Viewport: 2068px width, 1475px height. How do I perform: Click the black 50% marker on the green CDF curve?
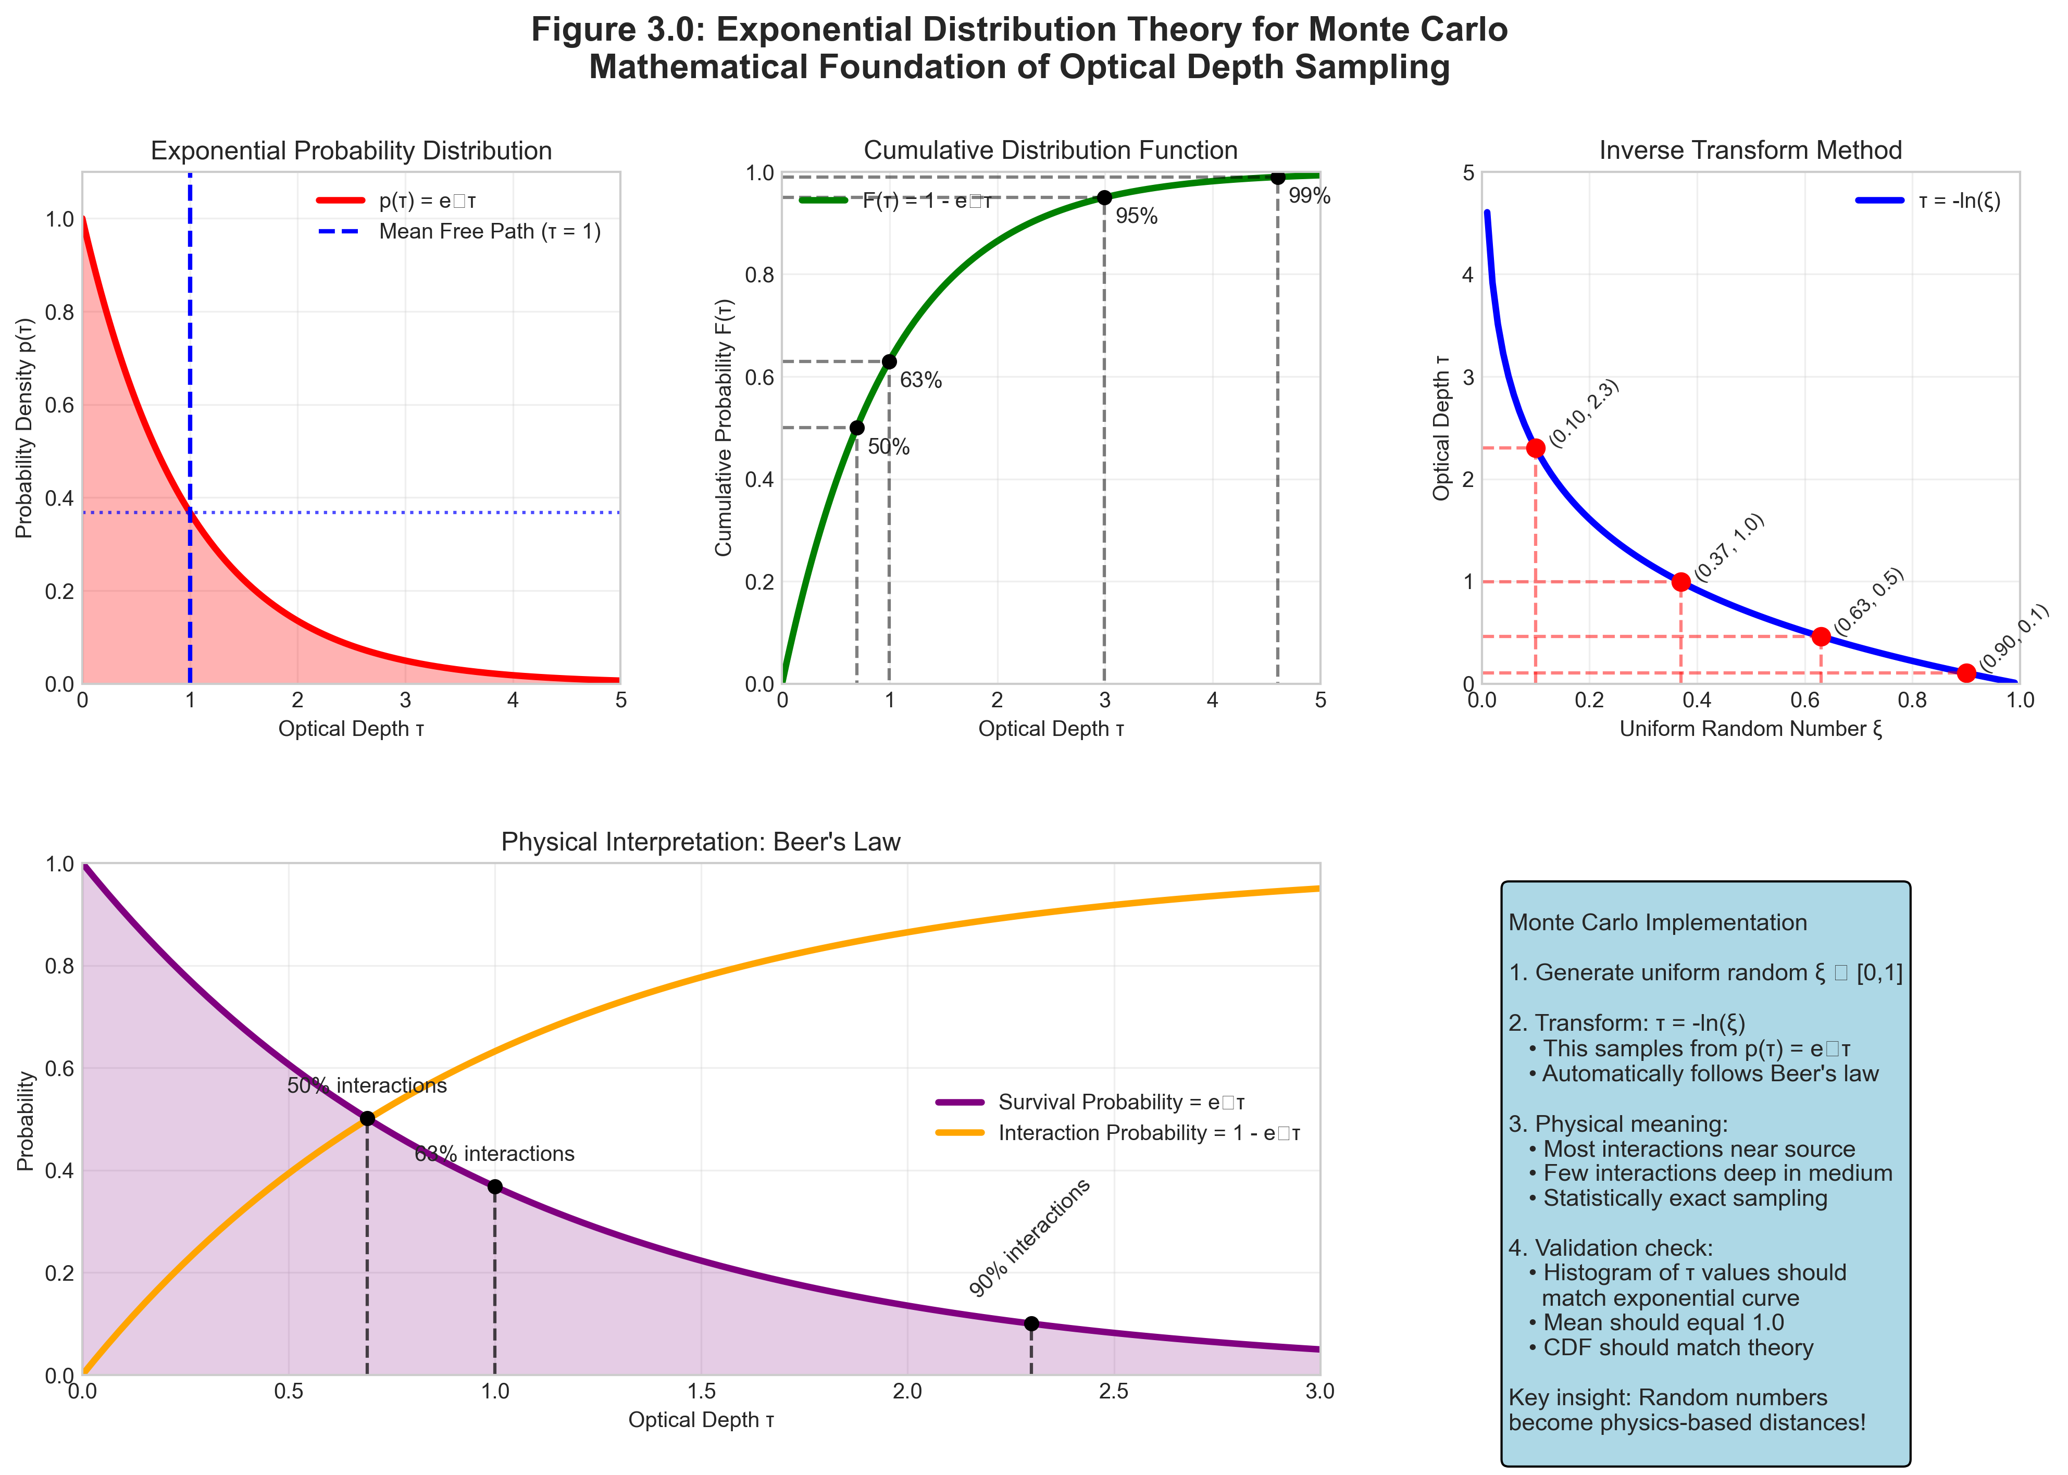tap(856, 428)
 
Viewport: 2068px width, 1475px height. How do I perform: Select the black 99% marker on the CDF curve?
tap(1278, 177)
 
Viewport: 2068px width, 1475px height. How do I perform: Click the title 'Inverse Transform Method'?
tap(1750, 151)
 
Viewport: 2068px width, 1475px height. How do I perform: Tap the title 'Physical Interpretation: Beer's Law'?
tap(700, 842)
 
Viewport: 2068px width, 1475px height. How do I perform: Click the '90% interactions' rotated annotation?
tap(1029, 1238)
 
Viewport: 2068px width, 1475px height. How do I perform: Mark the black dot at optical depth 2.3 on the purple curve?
tap(1031, 1323)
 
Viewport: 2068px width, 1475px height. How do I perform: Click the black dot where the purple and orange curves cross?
tap(367, 1118)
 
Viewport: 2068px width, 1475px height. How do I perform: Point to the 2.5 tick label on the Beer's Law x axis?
tap(1114, 1392)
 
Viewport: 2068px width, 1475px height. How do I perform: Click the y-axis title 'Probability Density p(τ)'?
tap(24, 428)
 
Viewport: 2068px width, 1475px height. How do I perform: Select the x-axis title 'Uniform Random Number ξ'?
tap(1750, 729)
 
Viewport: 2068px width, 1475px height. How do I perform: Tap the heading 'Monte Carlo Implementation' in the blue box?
tap(1658, 923)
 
